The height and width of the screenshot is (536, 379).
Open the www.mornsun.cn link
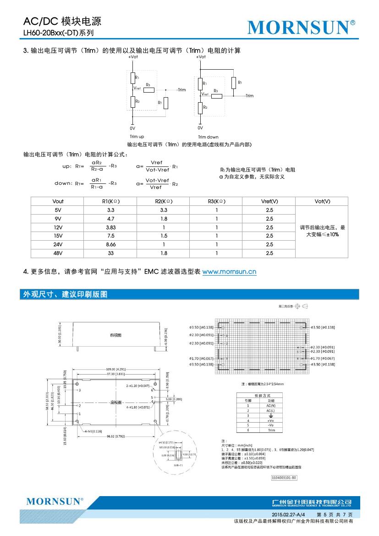(229, 272)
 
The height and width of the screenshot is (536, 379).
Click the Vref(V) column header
(269, 202)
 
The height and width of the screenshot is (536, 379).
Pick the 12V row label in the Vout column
(58, 227)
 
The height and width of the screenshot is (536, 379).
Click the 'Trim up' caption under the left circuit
(137, 137)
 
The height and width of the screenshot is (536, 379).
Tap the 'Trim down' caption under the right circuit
(208, 137)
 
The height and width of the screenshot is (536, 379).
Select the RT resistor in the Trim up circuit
(165, 103)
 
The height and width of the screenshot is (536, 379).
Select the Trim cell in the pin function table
(271, 430)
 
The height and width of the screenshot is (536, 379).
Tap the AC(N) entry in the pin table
(271, 405)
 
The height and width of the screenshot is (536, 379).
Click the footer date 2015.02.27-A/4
(286, 515)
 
